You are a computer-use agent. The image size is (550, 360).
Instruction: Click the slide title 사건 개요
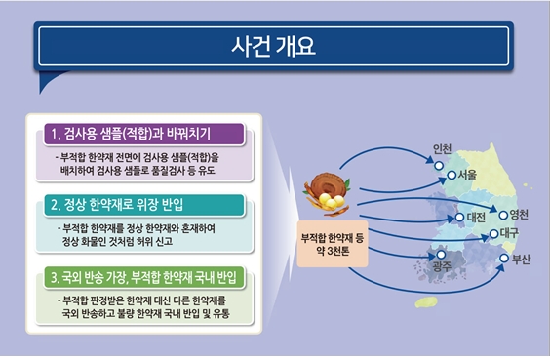[x=274, y=46]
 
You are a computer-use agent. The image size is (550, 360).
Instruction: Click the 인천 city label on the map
[x=441, y=149]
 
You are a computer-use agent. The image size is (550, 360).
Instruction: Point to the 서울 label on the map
[x=466, y=174]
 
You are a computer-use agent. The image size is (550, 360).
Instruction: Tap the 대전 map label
[x=476, y=216]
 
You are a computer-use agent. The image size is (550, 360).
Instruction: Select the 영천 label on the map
[x=519, y=215]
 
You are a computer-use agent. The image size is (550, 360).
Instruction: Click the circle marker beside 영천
[x=503, y=216]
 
